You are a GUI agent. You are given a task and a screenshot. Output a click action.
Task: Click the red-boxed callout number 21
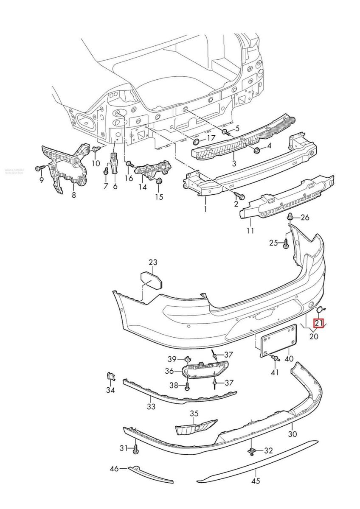[x=318, y=324]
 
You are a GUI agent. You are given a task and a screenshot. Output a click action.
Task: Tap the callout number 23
[x=153, y=262]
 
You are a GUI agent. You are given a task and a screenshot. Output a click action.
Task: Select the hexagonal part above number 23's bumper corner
[x=152, y=280]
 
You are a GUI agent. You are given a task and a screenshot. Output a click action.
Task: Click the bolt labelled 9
[x=39, y=168]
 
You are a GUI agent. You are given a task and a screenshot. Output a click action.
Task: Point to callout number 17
[x=211, y=138]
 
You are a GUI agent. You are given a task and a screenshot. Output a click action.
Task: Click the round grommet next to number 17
[x=197, y=141]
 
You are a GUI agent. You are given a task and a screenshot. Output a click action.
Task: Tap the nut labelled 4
[x=256, y=150]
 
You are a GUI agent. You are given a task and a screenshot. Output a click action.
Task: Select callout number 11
[x=250, y=231]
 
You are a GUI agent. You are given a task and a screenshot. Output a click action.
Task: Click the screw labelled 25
[x=286, y=243]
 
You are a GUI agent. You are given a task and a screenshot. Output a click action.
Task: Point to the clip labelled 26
[x=290, y=217]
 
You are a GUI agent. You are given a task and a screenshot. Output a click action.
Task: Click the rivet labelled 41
[x=277, y=359]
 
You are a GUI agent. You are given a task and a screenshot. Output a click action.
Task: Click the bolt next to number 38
[x=187, y=386]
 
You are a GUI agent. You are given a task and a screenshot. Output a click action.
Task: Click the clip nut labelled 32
[x=252, y=450]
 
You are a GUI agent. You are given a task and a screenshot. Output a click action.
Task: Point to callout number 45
[x=255, y=481]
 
